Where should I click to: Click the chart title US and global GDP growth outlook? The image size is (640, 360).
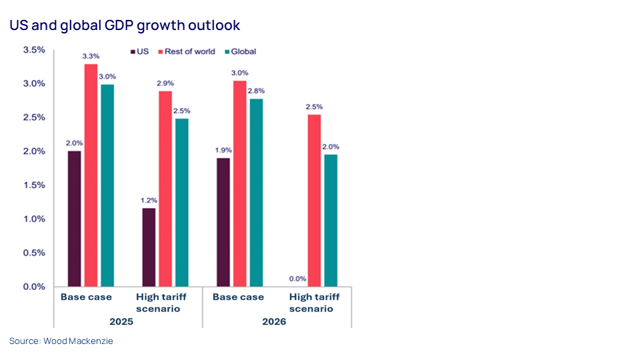click(x=124, y=25)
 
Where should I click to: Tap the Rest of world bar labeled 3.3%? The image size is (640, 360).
click(x=90, y=175)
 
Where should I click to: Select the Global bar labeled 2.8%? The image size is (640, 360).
click(x=255, y=193)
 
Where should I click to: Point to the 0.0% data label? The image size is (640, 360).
click(x=298, y=279)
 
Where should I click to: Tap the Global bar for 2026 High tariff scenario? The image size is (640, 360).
click(x=330, y=221)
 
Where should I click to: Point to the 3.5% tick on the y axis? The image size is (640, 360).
click(x=34, y=50)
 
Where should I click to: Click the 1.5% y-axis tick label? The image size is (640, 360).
click(x=34, y=185)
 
